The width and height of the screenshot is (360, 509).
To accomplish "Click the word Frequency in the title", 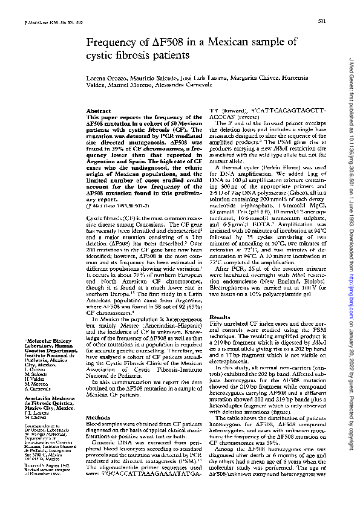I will tap(112, 42).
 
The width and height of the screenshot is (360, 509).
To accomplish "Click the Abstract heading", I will tap(98, 112).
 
